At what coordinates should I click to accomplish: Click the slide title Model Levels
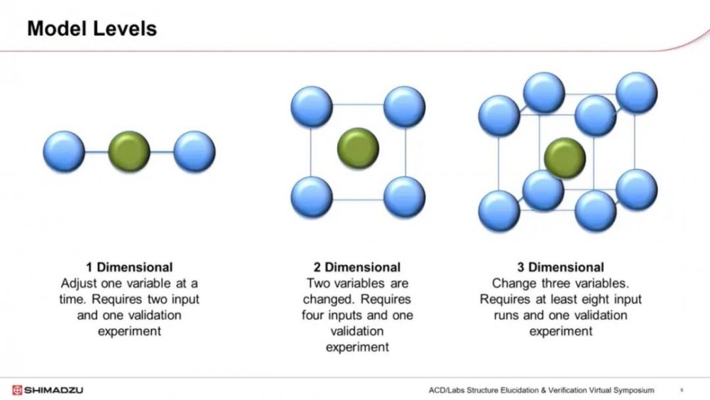(92, 28)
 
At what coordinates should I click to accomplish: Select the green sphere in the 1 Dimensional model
(129, 152)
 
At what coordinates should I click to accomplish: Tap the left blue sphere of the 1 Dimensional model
(64, 152)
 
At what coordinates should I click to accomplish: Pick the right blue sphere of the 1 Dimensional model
(195, 152)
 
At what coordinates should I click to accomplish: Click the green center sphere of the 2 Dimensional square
(358, 148)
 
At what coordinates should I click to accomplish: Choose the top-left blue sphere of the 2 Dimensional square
(312, 107)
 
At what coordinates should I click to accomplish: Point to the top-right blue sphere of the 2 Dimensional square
(405, 107)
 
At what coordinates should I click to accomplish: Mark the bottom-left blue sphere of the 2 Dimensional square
(312, 197)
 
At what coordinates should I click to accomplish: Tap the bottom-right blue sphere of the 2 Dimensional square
(405, 197)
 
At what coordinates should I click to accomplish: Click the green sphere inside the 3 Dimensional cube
(564, 158)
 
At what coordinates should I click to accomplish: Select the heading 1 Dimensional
(129, 267)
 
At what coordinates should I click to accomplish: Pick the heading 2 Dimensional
(357, 267)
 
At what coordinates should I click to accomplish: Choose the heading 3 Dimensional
(561, 267)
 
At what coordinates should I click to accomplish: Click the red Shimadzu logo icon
(17, 390)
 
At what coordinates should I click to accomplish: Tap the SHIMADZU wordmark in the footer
(53, 390)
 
